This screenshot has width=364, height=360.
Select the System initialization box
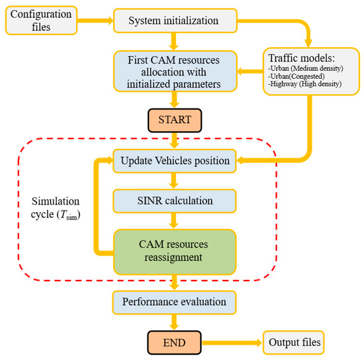[x=174, y=20]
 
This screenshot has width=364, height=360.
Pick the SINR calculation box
[x=174, y=201]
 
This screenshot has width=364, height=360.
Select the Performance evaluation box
[x=174, y=302]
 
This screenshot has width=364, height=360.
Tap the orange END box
[x=174, y=343]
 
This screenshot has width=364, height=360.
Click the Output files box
[x=295, y=343]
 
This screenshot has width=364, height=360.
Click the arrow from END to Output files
[x=228, y=343]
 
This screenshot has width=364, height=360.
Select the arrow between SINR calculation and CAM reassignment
[x=174, y=220]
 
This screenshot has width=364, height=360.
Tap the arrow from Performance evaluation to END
[x=174, y=322]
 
